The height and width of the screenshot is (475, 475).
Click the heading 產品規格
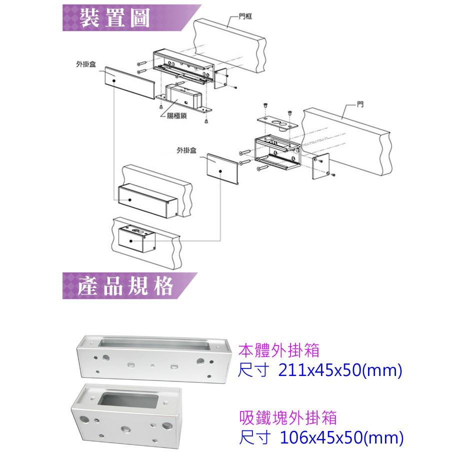point(125,286)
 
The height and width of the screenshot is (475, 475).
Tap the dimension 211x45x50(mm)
point(320,371)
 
